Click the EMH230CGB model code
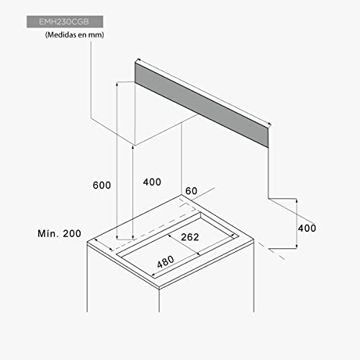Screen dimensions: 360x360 tap(64, 22)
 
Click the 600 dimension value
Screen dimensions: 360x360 tap(102, 185)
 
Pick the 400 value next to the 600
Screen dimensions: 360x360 tap(152, 182)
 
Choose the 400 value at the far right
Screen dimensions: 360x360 tap(307, 228)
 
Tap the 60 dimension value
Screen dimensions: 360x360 tap(192, 191)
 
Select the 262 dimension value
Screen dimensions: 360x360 tap(190, 237)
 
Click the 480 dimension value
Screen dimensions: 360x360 tap(166, 261)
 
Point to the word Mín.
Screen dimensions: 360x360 tap(48, 233)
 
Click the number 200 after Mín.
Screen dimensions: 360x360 tap(72, 233)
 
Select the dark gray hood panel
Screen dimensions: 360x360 tap(202, 105)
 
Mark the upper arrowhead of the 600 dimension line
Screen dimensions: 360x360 tap(117, 84)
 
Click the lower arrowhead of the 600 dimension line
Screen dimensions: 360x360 tap(117, 238)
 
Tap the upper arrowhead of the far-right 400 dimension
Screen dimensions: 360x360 tap(297, 201)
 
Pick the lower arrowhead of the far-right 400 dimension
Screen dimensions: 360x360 tap(297, 246)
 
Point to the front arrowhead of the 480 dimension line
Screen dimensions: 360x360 tap(153, 275)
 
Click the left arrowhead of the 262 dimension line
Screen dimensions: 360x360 tap(169, 236)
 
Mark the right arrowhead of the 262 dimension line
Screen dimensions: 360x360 tap(198, 253)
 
